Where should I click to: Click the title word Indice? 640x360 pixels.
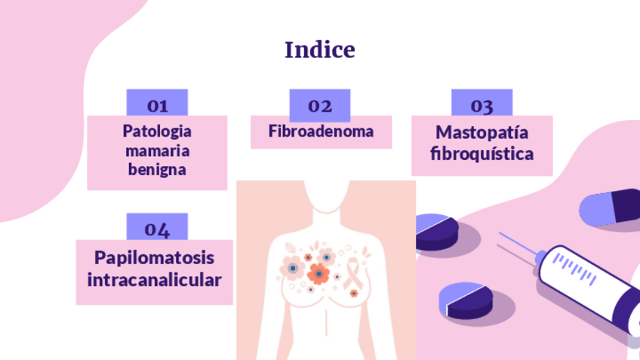(319, 51)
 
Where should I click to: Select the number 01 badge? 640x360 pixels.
(157, 104)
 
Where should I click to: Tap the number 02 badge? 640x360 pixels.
(320, 105)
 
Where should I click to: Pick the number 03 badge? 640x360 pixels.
(482, 104)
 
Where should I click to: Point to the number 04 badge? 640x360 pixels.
(157, 228)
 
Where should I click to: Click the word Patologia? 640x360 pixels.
(157, 131)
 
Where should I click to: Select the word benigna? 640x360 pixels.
(157, 169)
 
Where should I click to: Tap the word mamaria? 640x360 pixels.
(157, 150)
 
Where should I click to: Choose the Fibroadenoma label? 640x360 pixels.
(321, 131)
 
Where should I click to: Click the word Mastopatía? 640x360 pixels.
(482, 133)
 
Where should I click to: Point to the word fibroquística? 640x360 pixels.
(482, 154)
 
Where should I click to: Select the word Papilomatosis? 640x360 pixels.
(154, 258)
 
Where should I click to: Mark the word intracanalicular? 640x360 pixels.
(154, 280)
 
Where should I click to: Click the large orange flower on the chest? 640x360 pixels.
(318, 274)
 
